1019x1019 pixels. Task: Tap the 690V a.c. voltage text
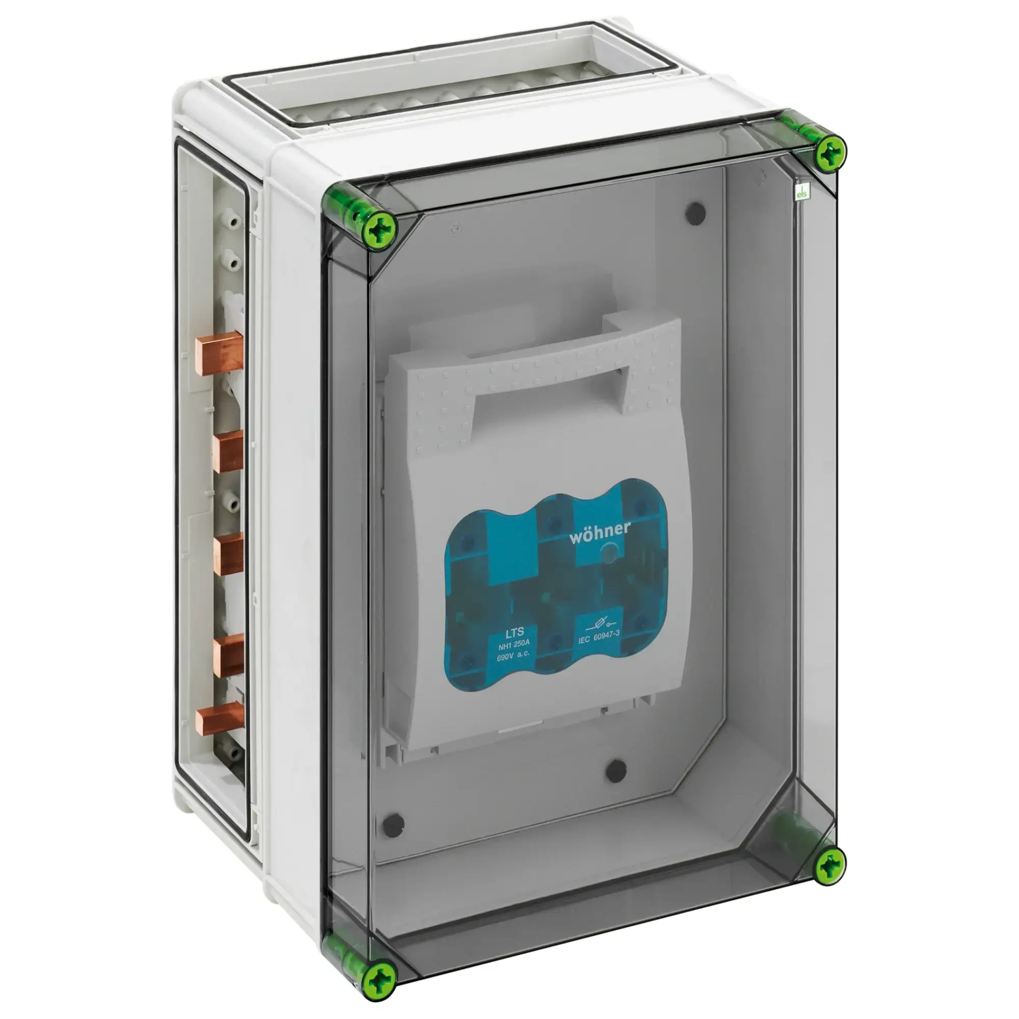(x=513, y=657)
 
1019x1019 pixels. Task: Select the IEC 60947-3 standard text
(x=599, y=636)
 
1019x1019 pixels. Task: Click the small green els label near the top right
(x=801, y=194)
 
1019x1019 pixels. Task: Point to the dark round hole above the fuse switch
(x=694, y=213)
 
